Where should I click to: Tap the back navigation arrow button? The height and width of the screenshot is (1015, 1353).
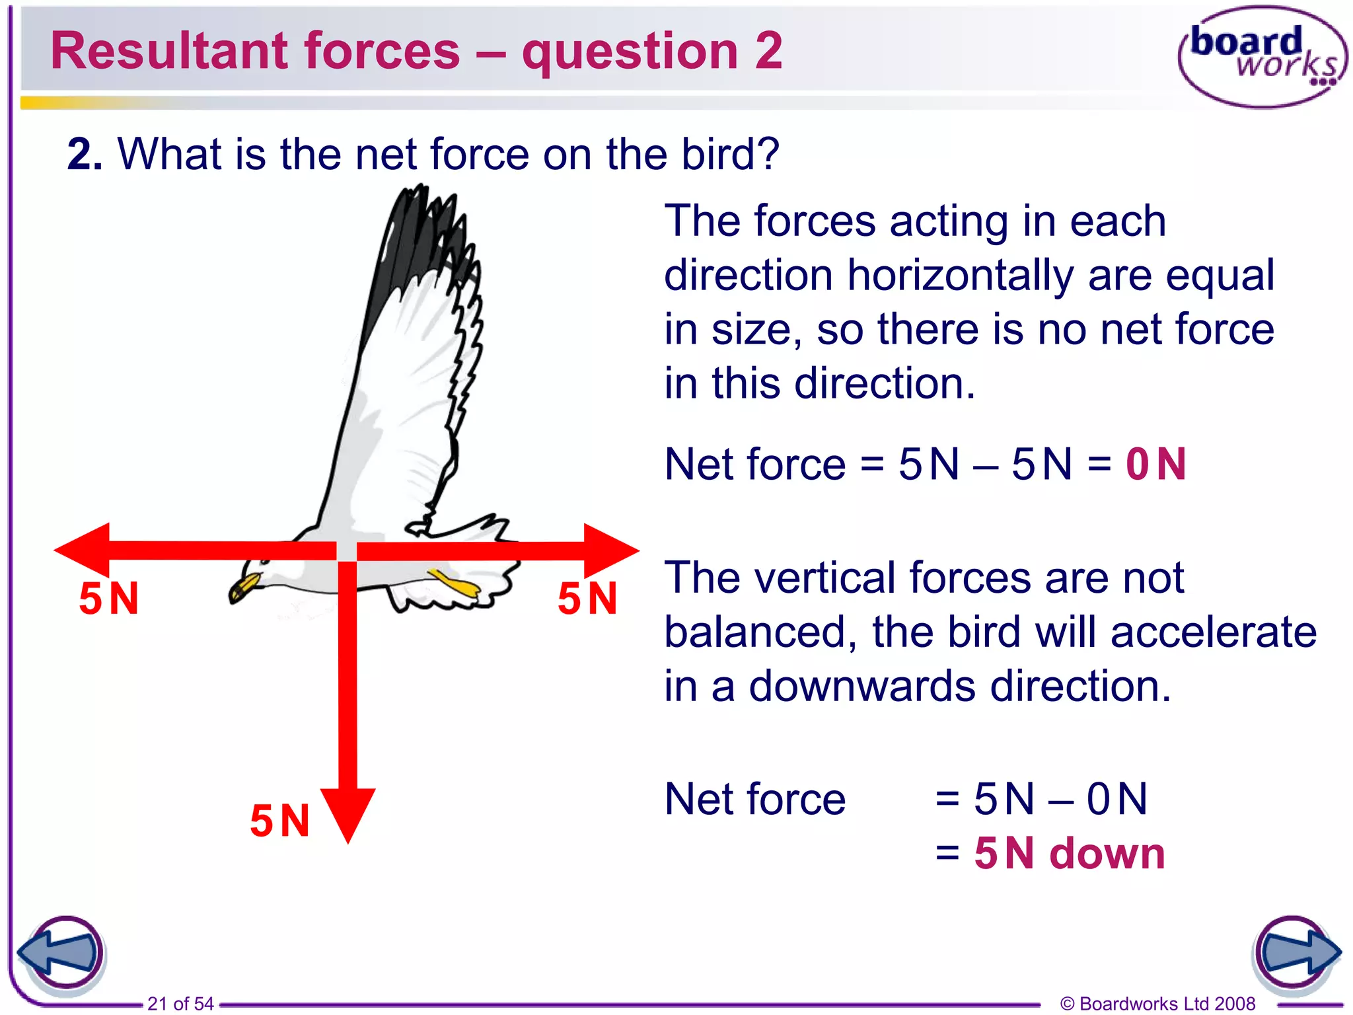coord(61,953)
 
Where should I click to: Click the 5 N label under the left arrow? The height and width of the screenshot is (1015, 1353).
coord(109,599)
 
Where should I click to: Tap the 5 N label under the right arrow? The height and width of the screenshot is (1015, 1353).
coord(587,599)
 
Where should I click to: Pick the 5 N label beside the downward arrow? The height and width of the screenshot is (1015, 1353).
coord(279,821)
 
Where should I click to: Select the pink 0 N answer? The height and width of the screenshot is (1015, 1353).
coord(1156,464)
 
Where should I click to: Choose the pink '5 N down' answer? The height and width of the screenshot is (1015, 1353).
coord(1070,853)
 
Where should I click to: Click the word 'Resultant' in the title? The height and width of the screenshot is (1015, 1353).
coord(168,52)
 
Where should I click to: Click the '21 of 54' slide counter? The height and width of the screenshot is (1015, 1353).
coord(180,1004)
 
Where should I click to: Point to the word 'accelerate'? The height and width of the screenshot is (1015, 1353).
coord(1214,632)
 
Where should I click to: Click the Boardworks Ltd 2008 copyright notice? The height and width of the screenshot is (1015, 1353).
coord(1157,1004)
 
